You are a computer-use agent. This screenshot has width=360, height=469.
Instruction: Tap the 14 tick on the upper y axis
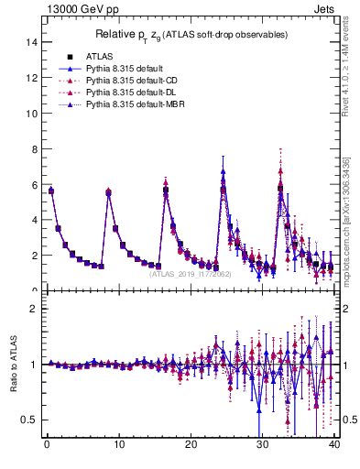click(32, 42)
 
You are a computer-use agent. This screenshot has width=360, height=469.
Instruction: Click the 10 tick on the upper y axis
click(32, 113)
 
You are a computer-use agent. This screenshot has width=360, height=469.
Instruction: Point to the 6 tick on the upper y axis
click(35, 184)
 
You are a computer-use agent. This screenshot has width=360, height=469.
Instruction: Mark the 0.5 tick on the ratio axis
click(29, 420)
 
